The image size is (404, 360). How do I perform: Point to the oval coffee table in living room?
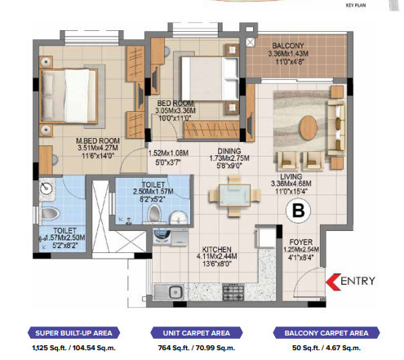(308, 127)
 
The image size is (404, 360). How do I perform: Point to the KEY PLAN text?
(381, 4)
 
